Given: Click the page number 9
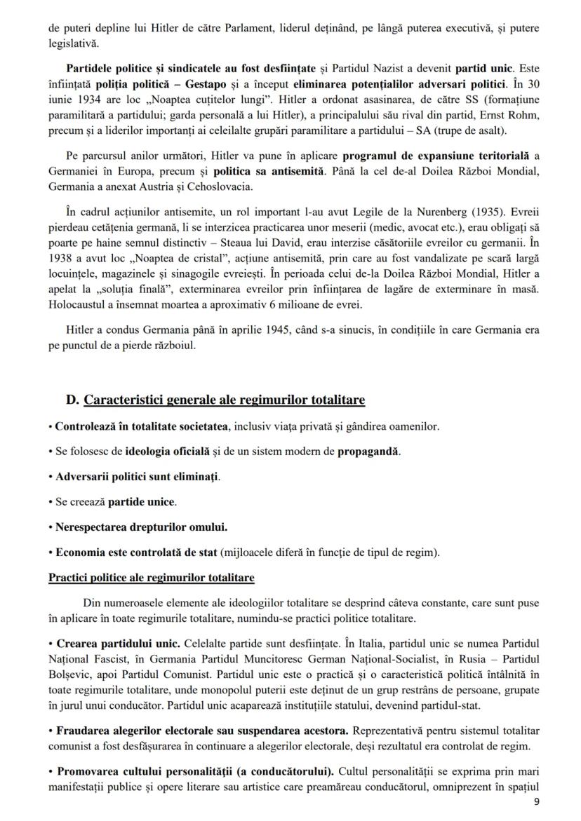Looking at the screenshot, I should pos(537,801).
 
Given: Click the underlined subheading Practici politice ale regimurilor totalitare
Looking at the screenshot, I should pos(152,578).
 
